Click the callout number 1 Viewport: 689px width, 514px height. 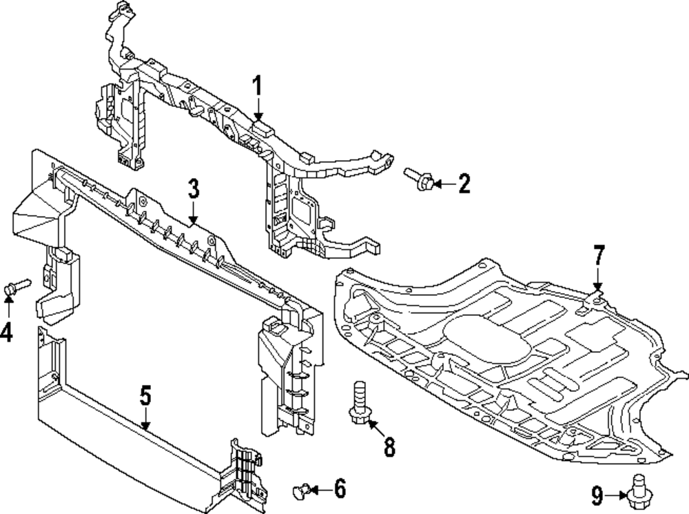[x=257, y=88]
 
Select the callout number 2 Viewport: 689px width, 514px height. [x=464, y=184]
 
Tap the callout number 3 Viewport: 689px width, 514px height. [x=194, y=188]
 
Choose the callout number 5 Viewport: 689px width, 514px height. [x=145, y=395]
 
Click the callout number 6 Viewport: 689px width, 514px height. [x=339, y=489]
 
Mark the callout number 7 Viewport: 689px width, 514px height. [x=598, y=257]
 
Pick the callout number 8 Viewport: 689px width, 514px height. [x=389, y=448]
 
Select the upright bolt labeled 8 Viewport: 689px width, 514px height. [x=359, y=404]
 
